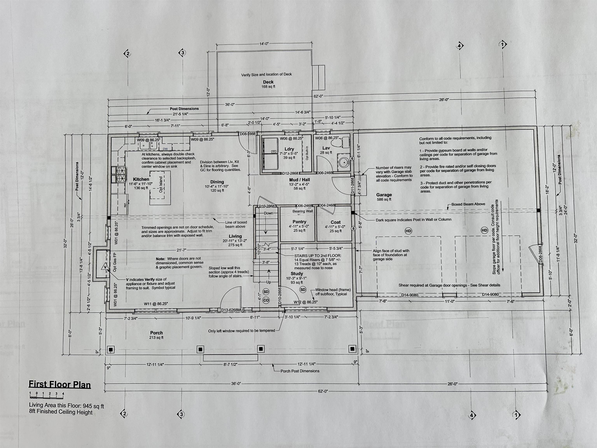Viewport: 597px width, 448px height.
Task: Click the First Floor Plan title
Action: coord(60,384)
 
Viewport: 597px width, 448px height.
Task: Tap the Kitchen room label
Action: coord(141,179)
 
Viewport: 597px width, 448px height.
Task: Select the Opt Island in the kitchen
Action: coord(161,185)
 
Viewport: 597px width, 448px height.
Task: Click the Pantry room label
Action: coord(299,222)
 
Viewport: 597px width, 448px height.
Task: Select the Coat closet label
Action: coord(335,222)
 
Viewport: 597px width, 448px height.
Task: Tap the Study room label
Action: coord(297,274)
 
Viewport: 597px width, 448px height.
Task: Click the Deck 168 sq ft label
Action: coord(268,84)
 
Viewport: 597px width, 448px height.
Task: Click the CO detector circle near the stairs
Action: coord(266,300)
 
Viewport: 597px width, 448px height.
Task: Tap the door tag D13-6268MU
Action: coord(232,310)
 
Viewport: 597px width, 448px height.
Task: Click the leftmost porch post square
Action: coord(111,349)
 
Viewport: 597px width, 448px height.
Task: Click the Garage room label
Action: coord(384,195)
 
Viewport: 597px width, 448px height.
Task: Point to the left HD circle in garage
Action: coord(408,231)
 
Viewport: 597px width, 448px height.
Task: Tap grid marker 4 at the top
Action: coord(460,46)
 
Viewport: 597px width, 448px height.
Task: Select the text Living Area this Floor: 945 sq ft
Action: coord(66,406)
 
